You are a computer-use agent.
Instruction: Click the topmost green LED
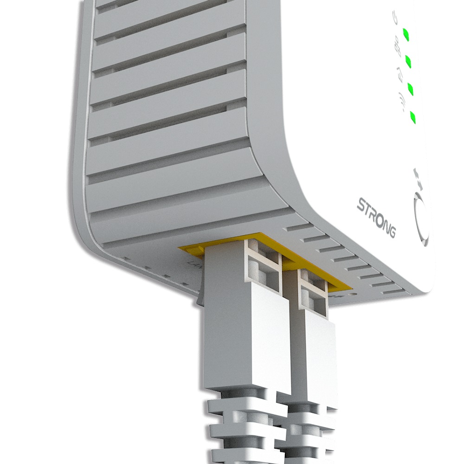click(406, 34)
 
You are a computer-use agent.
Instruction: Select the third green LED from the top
click(411, 87)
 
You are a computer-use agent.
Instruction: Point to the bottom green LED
click(412, 117)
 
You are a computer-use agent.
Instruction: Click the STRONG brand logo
click(376, 217)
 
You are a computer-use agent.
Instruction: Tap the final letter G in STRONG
click(392, 231)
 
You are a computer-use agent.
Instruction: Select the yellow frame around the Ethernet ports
click(195, 249)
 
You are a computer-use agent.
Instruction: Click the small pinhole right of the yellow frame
click(355, 294)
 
